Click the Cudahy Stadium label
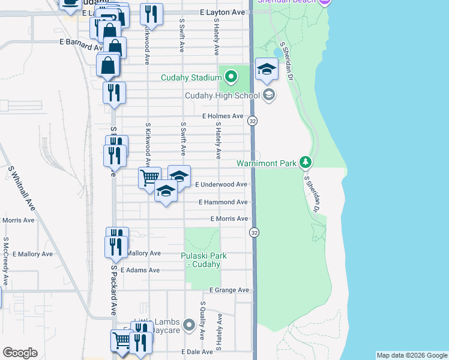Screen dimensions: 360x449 coord(191,77)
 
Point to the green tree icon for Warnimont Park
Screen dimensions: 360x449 coord(306,163)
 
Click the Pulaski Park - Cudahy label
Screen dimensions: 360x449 coord(203,260)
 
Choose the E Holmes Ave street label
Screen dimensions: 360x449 coord(223,116)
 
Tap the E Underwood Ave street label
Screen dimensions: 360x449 coord(221,185)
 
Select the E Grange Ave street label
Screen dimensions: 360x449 coord(229,290)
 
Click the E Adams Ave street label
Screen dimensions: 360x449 coord(140,271)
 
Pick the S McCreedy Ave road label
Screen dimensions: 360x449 coord(5,261)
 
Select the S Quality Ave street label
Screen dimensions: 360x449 coord(203,320)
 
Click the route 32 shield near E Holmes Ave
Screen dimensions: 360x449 coord(253,121)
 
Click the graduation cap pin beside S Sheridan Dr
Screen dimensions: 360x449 coord(267,70)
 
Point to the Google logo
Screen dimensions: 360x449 coord(20,353)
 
